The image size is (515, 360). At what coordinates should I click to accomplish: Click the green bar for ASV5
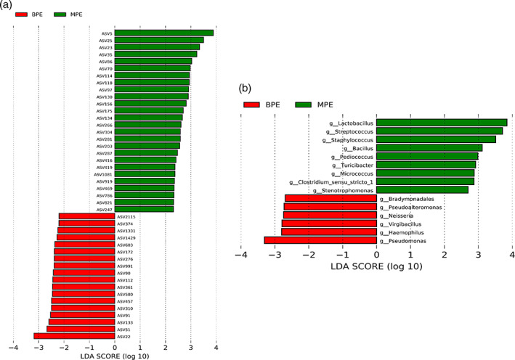[x=163, y=33]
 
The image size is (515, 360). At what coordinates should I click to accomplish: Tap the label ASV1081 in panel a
[x=103, y=174]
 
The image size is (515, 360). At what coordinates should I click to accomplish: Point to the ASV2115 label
[x=126, y=216]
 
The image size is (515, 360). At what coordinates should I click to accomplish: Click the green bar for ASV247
[x=144, y=209]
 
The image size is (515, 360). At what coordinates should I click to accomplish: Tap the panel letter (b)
[x=244, y=89]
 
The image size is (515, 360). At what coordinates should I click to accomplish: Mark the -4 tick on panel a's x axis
[x=12, y=347]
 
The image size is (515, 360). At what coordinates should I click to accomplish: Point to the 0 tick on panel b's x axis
[x=377, y=254]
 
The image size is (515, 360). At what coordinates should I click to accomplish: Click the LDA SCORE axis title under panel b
[x=376, y=268]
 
